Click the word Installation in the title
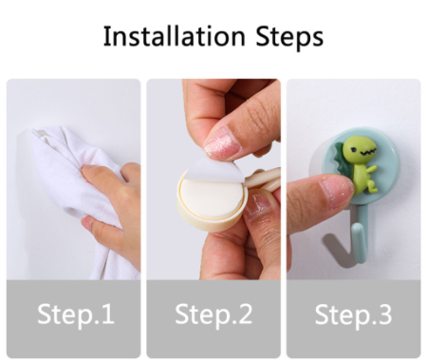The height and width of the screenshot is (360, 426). point(175,36)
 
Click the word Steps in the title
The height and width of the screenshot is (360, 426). point(289,37)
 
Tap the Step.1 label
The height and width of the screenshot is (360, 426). point(76,314)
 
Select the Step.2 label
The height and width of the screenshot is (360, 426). point(213,314)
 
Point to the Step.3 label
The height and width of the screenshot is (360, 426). point(353,314)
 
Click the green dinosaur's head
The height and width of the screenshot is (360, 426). point(360,150)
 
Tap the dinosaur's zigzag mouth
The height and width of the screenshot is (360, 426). point(367,153)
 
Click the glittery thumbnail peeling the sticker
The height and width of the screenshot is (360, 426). point(221,144)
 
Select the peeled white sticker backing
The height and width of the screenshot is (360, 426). point(216,170)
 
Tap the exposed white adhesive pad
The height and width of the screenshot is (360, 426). point(210,198)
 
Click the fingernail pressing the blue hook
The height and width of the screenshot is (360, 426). point(336,192)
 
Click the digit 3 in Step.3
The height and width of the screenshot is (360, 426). point(385,313)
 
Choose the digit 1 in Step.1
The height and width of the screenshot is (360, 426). point(108,313)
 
